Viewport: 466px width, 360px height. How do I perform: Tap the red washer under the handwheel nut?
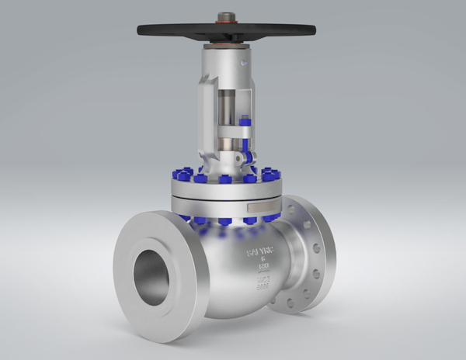pos(227,22)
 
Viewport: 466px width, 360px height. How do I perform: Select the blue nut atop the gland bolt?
pos(245,121)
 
